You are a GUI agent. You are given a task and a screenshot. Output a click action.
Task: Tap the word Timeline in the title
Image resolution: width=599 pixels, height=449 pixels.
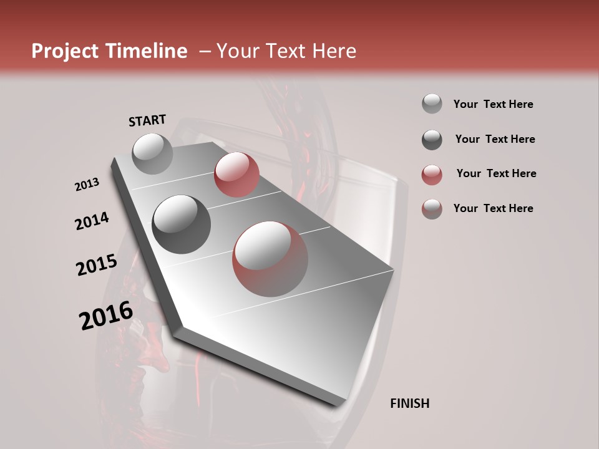click(x=147, y=51)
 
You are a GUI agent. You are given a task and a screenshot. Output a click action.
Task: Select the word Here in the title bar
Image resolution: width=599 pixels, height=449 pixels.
click(x=334, y=51)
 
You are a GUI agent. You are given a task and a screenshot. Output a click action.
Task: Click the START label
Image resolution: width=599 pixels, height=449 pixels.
click(x=147, y=120)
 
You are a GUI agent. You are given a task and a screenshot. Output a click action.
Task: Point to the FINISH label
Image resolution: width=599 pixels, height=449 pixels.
click(x=409, y=403)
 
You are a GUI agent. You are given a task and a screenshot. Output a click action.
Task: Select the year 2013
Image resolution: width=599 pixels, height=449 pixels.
click(x=87, y=185)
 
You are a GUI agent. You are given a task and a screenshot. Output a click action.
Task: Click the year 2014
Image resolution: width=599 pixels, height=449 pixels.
click(x=92, y=221)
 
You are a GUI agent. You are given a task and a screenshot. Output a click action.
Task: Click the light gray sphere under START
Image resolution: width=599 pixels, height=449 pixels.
click(x=153, y=153)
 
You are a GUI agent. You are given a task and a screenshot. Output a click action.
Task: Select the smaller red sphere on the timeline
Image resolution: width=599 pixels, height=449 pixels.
click(x=236, y=174)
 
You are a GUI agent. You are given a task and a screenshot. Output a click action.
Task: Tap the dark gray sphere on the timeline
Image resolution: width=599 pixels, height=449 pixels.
click(x=182, y=224)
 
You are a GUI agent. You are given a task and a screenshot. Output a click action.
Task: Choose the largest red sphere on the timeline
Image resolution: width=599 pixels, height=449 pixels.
click(x=270, y=258)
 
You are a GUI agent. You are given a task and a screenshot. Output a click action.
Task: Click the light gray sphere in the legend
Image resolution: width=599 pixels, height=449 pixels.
click(x=432, y=104)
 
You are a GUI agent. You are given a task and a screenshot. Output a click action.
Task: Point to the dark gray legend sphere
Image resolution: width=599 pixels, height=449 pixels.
click(x=432, y=140)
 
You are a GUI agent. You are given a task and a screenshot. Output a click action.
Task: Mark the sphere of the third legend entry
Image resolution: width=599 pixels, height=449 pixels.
click(x=432, y=175)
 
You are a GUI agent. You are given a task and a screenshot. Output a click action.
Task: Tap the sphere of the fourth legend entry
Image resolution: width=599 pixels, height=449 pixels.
click(x=432, y=209)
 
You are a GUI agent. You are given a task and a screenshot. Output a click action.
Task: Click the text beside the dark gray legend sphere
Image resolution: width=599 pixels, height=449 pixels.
click(x=495, y=139)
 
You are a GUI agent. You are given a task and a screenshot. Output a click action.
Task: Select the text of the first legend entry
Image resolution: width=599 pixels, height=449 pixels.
click(x=493, y=104)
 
